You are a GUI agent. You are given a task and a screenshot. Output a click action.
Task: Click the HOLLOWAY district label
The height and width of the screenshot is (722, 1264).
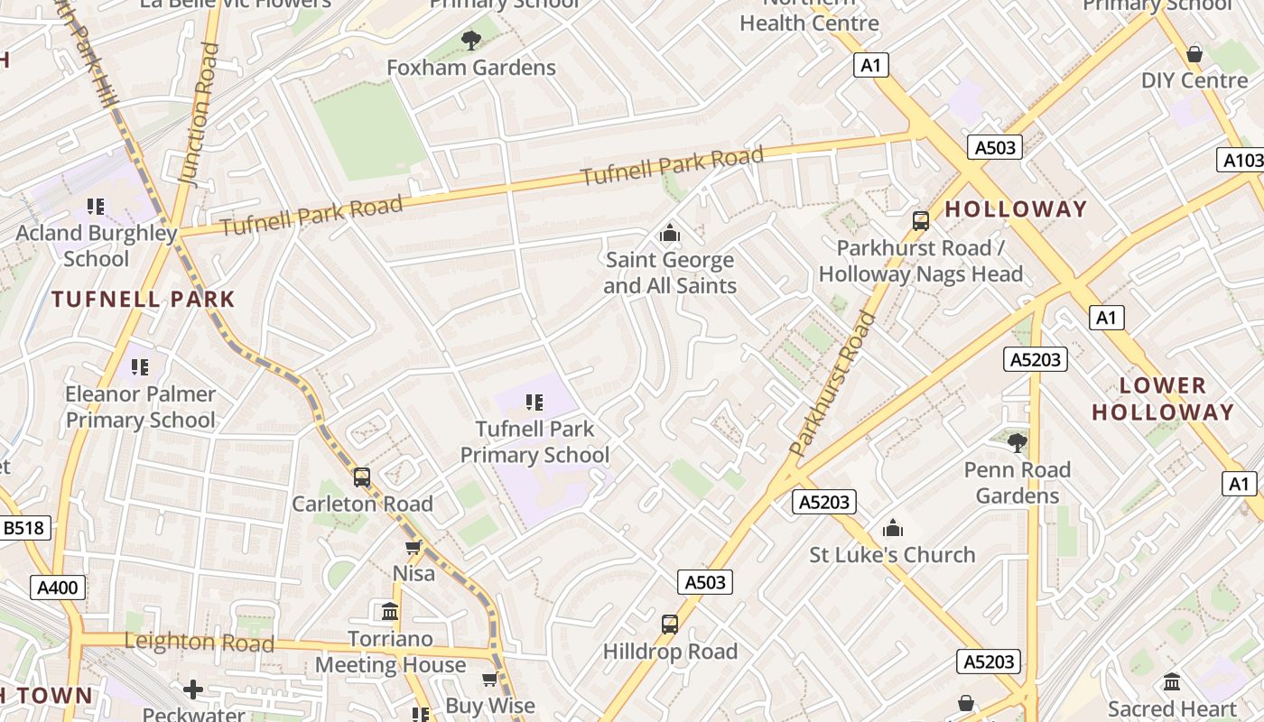[1016, 209]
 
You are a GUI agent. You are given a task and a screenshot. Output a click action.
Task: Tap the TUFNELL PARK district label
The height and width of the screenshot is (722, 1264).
[143, 299]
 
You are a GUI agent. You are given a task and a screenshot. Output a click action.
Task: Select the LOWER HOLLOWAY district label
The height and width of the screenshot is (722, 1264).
[1162, 399]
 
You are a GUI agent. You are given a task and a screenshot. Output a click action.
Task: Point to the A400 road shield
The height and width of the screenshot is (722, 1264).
[59, 588]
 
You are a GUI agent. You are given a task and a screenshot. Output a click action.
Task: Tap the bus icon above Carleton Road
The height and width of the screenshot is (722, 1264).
[362, 477]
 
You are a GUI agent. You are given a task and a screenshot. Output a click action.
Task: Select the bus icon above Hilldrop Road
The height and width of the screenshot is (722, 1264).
[670, 625]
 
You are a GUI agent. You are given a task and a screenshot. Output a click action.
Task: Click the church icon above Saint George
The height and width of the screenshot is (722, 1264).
[670, 234]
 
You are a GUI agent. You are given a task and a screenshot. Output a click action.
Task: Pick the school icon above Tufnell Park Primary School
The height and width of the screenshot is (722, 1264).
[534, 402]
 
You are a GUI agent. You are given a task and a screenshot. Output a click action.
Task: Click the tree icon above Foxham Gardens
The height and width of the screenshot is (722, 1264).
[470, 40]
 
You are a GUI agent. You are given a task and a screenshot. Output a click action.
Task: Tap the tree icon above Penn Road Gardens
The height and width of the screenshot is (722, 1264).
[1017, 443]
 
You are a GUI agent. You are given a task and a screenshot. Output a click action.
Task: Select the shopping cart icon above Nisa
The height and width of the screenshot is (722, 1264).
[414, 548]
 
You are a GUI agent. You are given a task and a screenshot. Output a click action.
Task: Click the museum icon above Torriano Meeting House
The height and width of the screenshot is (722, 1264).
[390, 612]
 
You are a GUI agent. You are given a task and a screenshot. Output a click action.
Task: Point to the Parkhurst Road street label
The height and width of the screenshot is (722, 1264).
[832, 384]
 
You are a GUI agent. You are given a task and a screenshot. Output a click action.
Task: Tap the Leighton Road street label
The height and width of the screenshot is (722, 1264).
[199, 643]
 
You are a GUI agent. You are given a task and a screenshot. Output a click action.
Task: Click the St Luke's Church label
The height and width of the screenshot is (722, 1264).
[892, 555]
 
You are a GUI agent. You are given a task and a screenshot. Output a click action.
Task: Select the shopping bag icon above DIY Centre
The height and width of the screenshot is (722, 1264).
[1194, 54]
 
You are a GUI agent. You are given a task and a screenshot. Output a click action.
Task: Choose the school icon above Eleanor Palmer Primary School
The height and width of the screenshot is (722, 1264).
[140, 367]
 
